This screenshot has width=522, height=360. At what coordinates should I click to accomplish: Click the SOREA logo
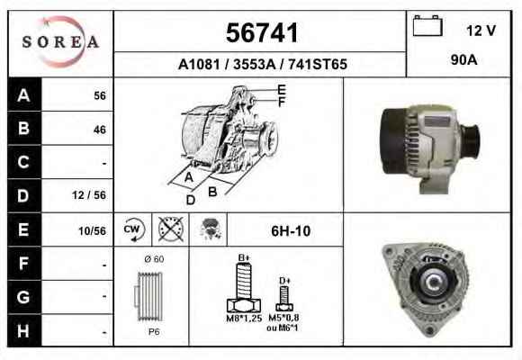(x=60, y=42)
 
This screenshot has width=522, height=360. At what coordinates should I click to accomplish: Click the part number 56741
(x=262, y=32)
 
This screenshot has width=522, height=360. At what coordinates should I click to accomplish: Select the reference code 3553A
(x=254, y=64)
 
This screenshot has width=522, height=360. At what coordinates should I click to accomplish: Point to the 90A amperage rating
(x=463, y=60)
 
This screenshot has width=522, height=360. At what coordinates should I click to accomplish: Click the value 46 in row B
(x=100, y=130)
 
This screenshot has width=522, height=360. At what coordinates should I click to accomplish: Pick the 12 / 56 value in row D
(x=89, y=195)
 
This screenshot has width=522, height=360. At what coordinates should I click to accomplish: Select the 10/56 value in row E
(x=92, y=230)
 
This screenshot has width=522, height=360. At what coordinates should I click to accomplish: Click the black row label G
(x=24, y=297)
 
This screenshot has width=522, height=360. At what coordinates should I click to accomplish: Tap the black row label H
(x=24, y=330)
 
